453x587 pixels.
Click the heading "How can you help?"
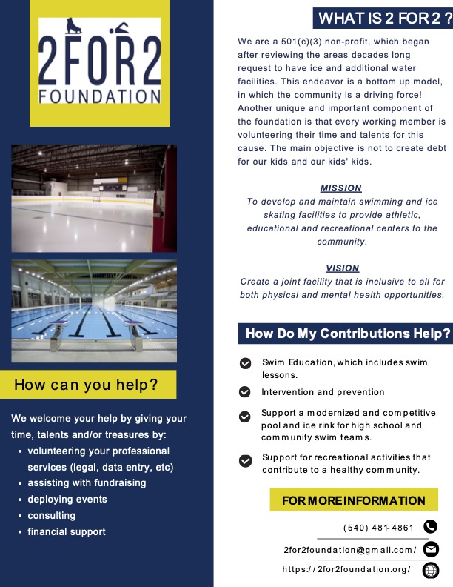pyautogui.click(x=87, y=385)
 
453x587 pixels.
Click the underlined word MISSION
pyautogui.click(x=340, y=188)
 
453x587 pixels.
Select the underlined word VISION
pyautogui.click(x=342, y=268)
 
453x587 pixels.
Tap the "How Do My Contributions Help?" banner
pyautogui.click(x=346, y=334)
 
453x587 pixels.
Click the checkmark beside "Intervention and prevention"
pyautogui.click(x=245, y=392)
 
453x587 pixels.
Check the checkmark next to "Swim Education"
pyautogui.click(x=245, y=363)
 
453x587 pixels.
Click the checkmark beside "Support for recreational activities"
pyautogui.click(x=245, y=461)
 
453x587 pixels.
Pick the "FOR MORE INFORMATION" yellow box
pyautogui.click(x=354, y=501)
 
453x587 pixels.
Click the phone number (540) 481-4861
pyautogui.click(x=378, y=528)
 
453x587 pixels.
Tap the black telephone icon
pyautogui.click(x=430, y=527)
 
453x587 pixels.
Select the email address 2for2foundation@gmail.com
pyautogui.click(x=350, y=550)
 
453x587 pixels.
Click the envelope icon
pyautogui.click(x=430, y=549)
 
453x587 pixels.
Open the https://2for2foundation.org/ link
pyautogui.click(x=346, y=570)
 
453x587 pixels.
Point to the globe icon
pyautogui.click(x=430, y=570)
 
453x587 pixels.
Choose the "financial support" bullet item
pyautogui.click(x=67, y=531)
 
